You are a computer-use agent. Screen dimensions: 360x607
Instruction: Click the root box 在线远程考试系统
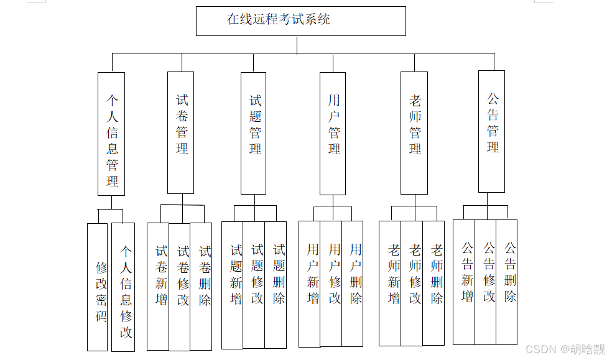click(300, 21)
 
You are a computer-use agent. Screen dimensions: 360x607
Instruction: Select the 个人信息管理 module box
click(111, 134)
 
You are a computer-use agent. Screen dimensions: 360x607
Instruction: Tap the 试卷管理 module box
click(180, 132)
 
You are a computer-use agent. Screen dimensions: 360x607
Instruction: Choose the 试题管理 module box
click(253, 133)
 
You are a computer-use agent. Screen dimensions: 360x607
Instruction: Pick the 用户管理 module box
click(333, 133)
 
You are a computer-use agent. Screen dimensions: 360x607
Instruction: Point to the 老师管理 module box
click(414, 133)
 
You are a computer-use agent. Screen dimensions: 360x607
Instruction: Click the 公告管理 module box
click(491, 131)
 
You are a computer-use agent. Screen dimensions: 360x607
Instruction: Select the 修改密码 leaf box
click(98, 287)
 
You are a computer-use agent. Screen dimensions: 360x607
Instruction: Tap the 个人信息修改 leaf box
click(123, 287)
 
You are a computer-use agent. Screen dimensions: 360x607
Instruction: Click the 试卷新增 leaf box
click(158, 286)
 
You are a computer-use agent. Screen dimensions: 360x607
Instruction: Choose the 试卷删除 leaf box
click(201, 286)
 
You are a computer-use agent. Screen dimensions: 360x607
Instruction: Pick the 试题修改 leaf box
click(254, 284)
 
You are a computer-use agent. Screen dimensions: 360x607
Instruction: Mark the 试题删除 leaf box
click(276, 284)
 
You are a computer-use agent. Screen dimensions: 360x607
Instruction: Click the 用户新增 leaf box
click(310, 284)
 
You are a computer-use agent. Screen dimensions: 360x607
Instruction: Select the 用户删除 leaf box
click(352, 284)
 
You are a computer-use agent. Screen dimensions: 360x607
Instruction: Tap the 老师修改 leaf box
click(412, 283)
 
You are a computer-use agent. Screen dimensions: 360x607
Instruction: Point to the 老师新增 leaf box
click(390, 283)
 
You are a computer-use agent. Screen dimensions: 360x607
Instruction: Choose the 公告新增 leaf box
click(464, 282)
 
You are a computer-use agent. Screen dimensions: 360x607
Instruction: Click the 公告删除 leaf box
click(506, 282)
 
